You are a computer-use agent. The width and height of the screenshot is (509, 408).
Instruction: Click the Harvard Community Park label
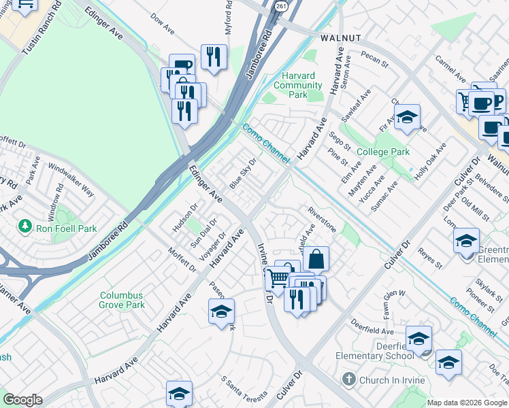pos(297,85)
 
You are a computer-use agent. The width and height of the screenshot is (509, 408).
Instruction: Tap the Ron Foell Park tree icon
pos(25,225)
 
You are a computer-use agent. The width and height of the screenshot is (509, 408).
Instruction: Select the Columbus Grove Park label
pos(122,301)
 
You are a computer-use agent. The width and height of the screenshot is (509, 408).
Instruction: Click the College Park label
pos(382,152)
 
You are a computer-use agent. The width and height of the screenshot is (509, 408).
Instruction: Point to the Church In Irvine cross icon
pos(348,379)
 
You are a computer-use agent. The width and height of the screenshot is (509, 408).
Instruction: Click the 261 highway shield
pos(281,5)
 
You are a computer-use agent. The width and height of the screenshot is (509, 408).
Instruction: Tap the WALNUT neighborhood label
pos(333,38)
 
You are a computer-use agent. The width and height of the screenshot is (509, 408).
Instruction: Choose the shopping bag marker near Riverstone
pos(316,259)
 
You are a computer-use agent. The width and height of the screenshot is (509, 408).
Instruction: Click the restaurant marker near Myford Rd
pos(214,57)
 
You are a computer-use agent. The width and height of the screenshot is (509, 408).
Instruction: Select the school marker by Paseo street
pos(221,312)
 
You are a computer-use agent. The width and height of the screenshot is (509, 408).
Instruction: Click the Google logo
pos(22,400)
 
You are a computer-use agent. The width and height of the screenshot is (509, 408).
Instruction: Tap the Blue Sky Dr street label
pos(243,173)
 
